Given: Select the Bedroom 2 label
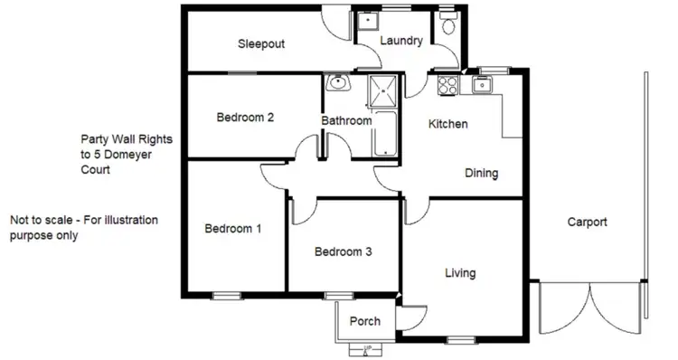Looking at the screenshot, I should pos(245,117).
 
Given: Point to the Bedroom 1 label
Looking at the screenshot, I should pos(232,229).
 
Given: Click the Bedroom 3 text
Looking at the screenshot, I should pos(343,252).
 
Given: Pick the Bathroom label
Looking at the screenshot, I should pos(346,120).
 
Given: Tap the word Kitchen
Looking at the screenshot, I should pos(447,124).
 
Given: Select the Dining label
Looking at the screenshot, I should pos(482,173).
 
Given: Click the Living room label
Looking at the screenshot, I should pos(460,272).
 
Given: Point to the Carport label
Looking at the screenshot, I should pos(587,222).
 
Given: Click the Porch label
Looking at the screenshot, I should pos(364,321).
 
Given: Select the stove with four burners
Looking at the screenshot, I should pos(447,86).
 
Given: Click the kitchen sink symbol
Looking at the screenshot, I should pos(482,86).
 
